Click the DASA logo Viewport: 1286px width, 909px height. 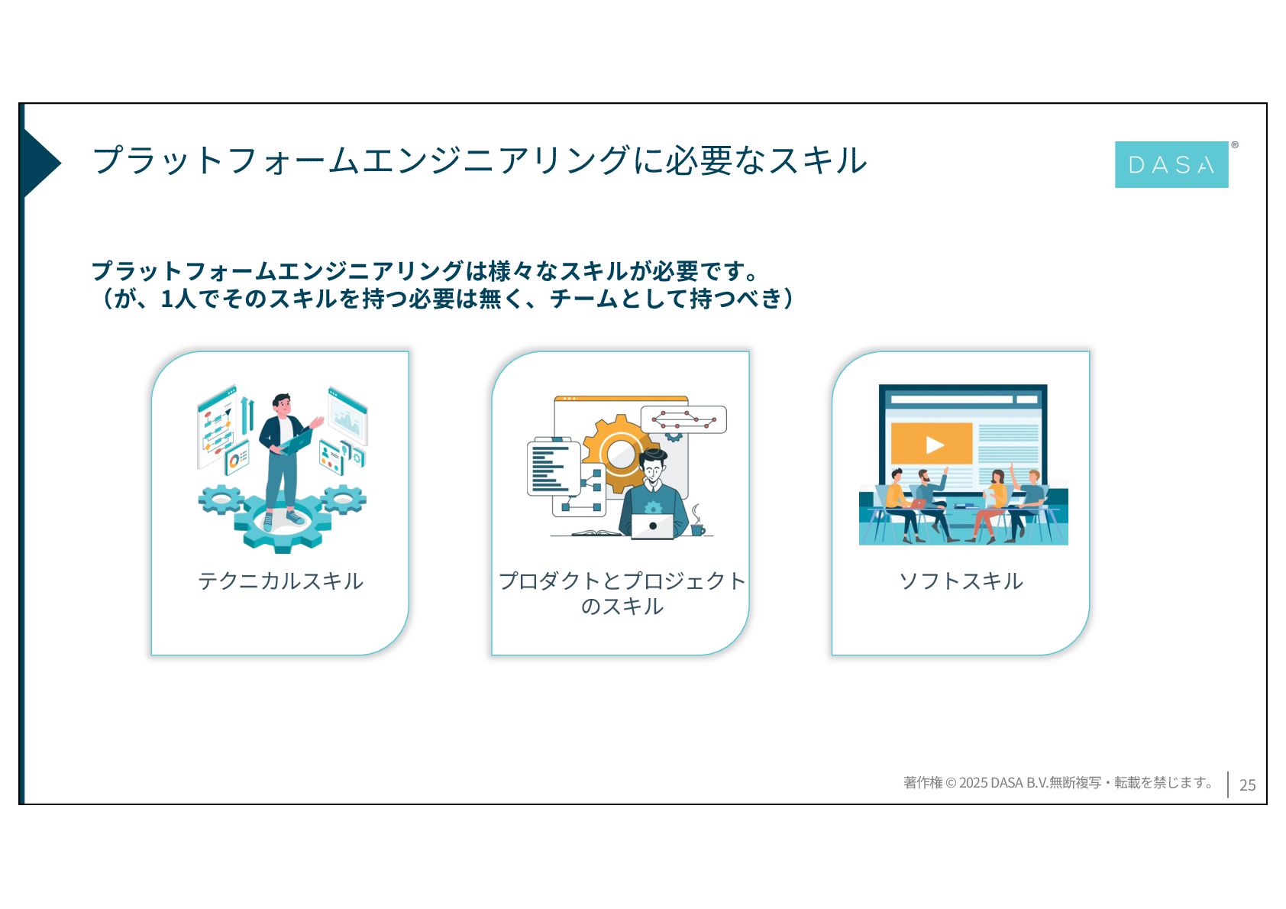pos(1171,164)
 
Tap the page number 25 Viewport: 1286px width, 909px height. pos(1247,784)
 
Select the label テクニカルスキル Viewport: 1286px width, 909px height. pos(280,581)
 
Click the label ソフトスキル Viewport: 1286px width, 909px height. pos(961,581)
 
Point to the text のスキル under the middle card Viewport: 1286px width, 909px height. pos(622,607)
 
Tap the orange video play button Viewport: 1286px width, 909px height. pos(932,444)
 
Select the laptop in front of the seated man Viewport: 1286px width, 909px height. pos(652,526)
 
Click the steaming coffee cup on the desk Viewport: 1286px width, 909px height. pos(696,528)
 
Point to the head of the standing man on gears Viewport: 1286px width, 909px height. pos(282,404)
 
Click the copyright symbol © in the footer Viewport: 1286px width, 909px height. pos(951,783)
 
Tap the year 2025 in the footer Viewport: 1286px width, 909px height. pos(973,783)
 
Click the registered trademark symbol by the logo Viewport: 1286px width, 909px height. pos(1235,145)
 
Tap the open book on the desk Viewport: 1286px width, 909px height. pos(596,532)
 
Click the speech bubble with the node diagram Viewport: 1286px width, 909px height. pos(683,419)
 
